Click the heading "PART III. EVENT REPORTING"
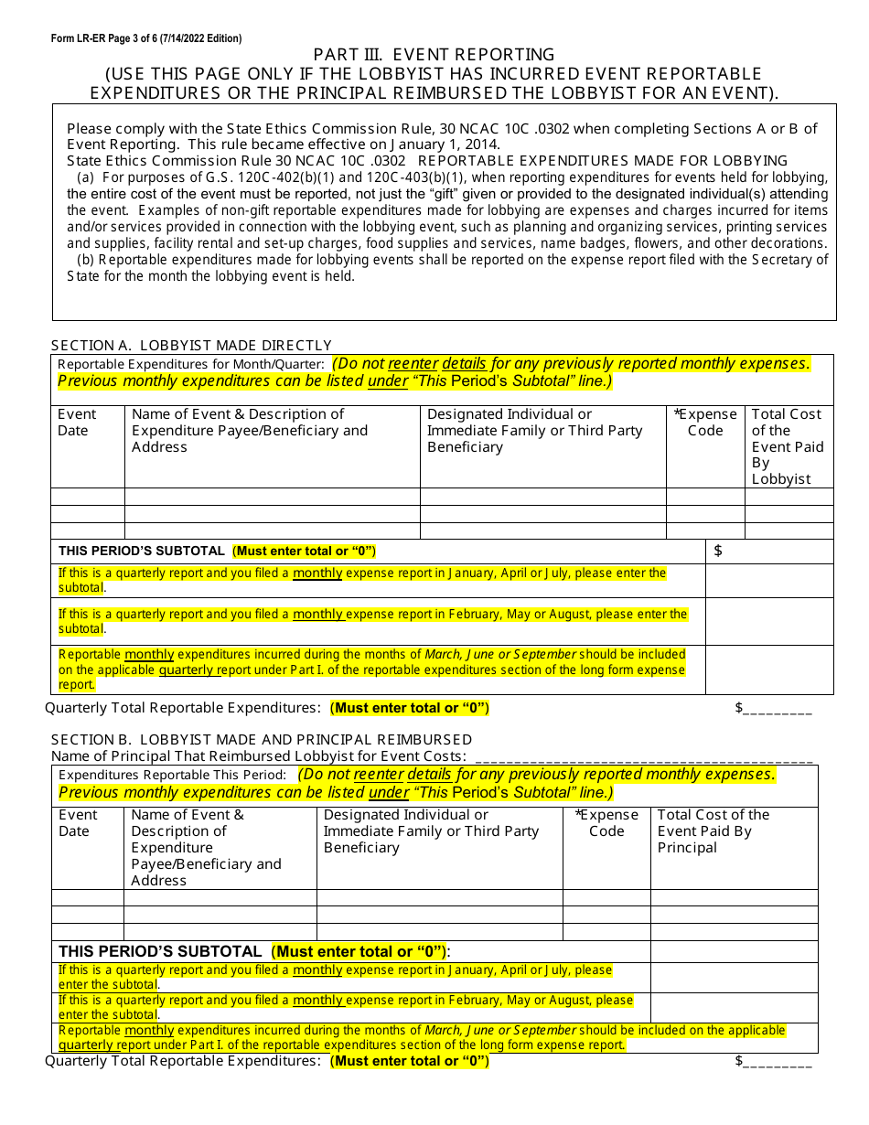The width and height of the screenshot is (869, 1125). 434,55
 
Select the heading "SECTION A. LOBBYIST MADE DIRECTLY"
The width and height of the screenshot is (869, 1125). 191,345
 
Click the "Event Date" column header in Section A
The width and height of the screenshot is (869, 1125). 77,423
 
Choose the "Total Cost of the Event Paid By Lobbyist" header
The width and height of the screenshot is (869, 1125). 787,446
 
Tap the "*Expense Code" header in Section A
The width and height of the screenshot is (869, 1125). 704,423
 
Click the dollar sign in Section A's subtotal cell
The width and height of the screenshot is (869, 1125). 718,551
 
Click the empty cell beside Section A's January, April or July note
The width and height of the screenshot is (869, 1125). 768,581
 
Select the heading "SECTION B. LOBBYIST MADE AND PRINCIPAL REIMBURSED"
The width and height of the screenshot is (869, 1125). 262,739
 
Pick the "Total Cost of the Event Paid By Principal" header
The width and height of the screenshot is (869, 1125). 713,831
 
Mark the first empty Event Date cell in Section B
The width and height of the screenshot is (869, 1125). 88,897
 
